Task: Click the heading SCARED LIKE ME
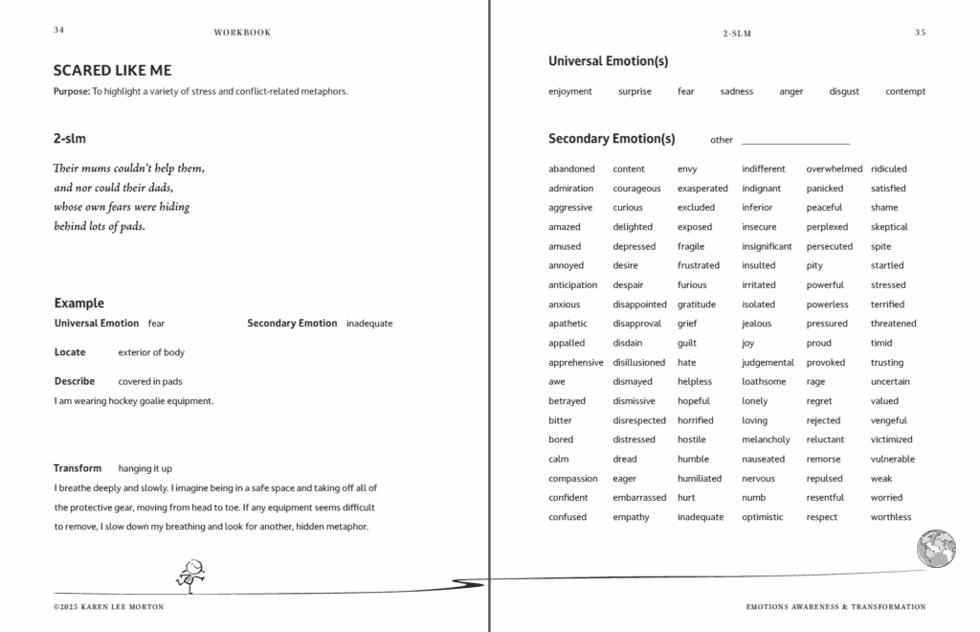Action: click(113, 71)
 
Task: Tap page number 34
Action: click(59, 31)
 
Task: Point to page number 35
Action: click(920, 33)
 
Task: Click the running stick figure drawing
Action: click(190, 574)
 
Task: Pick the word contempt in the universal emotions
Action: click(905, 92)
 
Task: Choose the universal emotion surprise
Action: click(635, 92)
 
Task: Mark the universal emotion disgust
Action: click(844, 92)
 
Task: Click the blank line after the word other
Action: click(795, 141)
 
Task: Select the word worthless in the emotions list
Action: click(891, 517)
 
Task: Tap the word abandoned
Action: click(571, 169)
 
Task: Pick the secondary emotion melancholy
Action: click(766, 440)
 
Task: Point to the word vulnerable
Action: click(893, 459)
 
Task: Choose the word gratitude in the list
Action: click(697, 305)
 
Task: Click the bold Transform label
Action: click(78, 468)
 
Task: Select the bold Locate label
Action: click(70, 352)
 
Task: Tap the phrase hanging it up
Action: click(145, 469)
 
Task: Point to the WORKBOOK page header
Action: click(242, 33)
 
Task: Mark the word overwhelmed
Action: click(835, 169)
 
